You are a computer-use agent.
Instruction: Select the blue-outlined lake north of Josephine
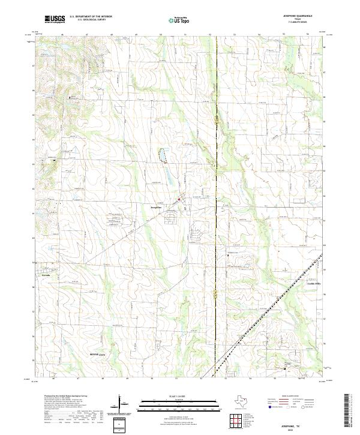[x=161, y=156]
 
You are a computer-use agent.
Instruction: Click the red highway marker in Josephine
[x=178, y=200]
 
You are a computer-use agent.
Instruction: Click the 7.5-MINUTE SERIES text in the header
[x=301, y=22]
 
